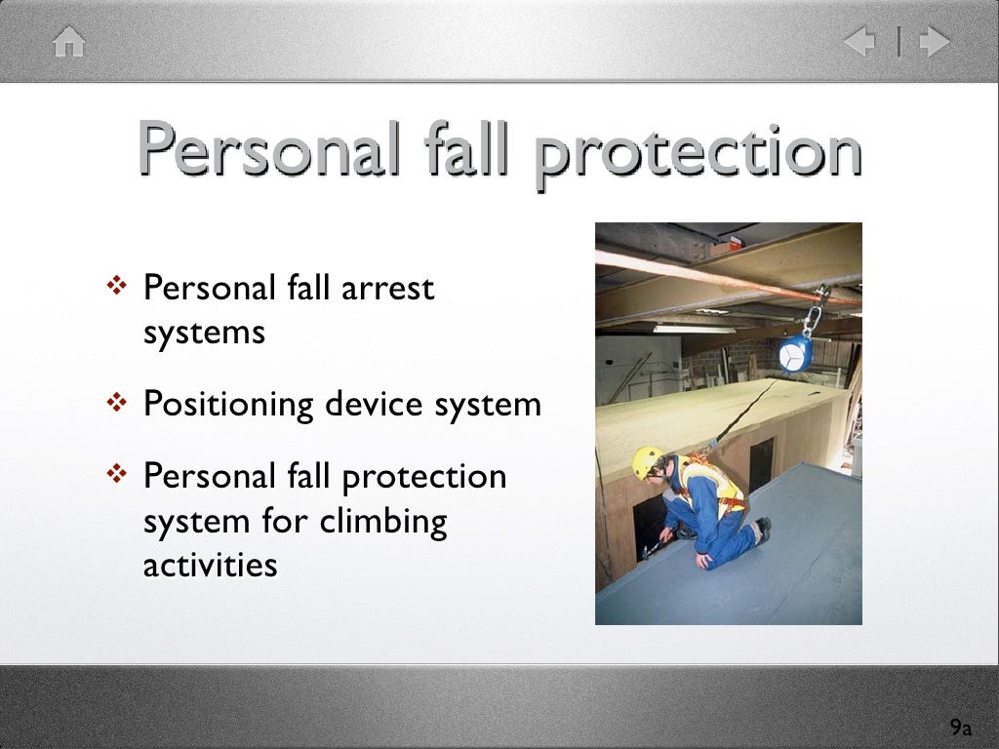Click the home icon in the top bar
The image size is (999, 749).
[69, 43]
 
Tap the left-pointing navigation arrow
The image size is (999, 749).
[861, 42]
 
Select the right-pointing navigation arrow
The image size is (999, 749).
[934, 42]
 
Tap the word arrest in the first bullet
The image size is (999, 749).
[390, 289]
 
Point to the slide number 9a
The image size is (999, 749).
[961, 728]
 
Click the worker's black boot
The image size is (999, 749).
[761, 529]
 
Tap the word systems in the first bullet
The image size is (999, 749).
[204, 333]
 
